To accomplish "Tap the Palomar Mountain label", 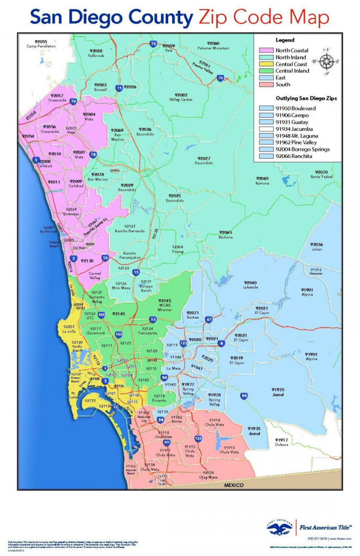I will tap(213, 46).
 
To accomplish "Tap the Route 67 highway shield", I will tap(209, 320).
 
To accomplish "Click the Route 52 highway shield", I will tap(153, 320).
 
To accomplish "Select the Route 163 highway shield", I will tap(119, 334).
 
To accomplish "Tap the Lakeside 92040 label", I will tap(250, 285).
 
